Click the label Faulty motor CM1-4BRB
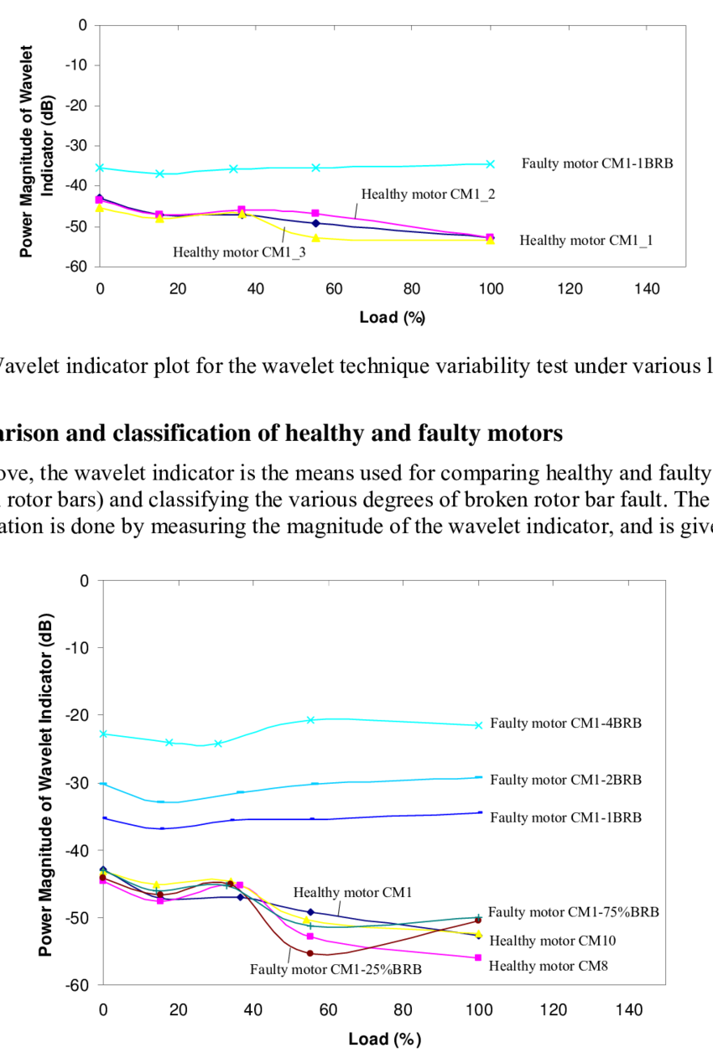(x=566, y=723)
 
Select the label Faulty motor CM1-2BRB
(x=566, y=780)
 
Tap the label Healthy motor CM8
(x=548, y=966)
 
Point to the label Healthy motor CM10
(x=552, y=941)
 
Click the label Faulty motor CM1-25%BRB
(x=336, y=968)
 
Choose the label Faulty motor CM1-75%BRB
(x=574, y=912)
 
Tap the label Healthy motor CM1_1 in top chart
(x=586, y=241)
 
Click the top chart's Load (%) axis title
(x=393, y=317)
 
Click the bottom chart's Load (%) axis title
(x=385, y=1039)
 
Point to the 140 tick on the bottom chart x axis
(x=629, y=1010)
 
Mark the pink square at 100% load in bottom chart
(x=478, y=957)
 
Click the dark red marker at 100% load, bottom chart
(x=478, y=921)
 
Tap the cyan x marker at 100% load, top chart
(x=491, y=164)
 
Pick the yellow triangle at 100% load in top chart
(x=491, y=241)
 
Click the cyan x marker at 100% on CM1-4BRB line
(x=478, y=725)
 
